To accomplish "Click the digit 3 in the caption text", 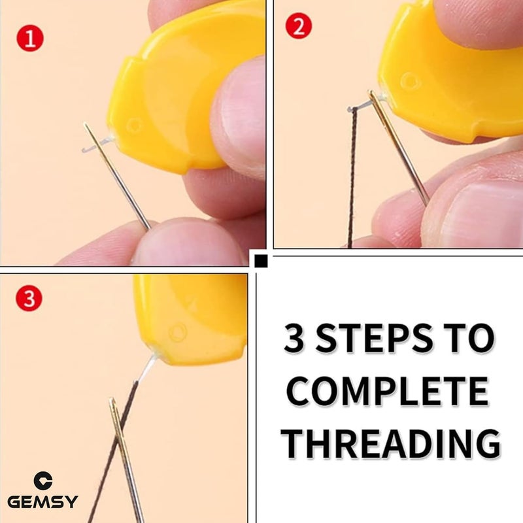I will [x=296, y=340].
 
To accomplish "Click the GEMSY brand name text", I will [x=42, y=502].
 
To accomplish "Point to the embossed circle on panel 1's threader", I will [x=135, y=125].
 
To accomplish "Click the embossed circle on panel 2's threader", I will [x=410, y=82].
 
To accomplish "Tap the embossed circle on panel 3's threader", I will [x=177, y=333].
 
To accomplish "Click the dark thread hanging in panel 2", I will [x=352, y=177].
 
